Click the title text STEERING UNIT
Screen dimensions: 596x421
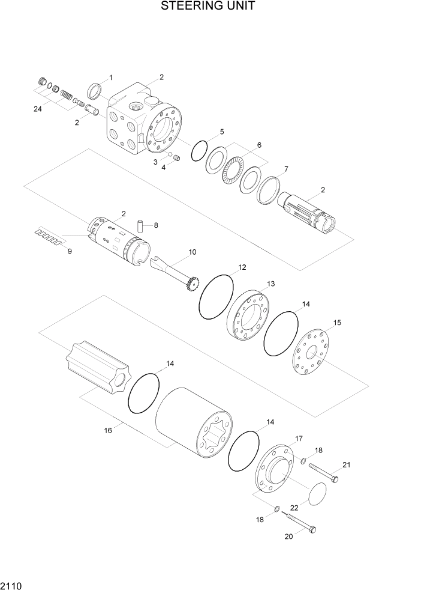point(208,7)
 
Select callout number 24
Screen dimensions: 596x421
point(38,109)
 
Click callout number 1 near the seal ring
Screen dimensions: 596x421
point(110,78)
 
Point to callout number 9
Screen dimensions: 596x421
point(69,251)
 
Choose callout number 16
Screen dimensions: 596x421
point(108,430)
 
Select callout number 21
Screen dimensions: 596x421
point(346,464)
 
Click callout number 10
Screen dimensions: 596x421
point(192,252)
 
